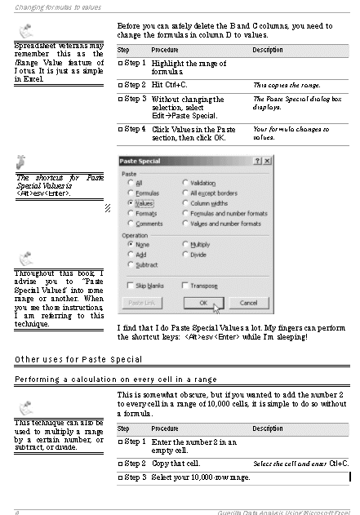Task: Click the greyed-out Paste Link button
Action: (x=141, y=303)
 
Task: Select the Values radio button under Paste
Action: (x=131, y=202)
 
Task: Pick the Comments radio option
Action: (x=131, y=224)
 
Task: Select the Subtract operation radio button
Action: (x=131, y=264)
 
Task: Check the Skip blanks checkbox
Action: (x=131, y=285)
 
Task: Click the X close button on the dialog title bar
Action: (x=269, y=162)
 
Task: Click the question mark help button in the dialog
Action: (x=258, y=162)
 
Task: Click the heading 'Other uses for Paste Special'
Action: (x=78, y=359)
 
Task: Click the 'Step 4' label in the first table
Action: (x=133, y=129)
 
